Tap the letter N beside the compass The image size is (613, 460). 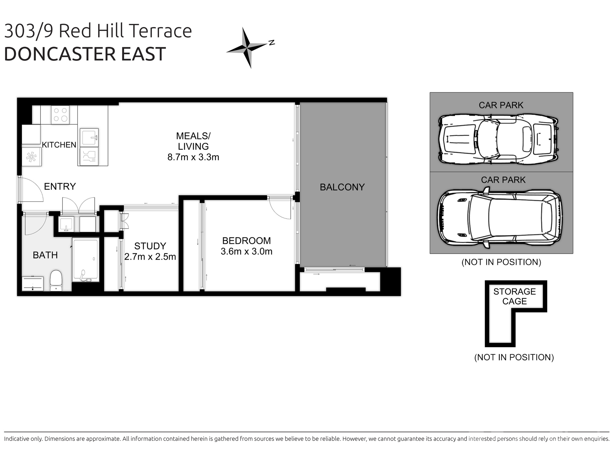coord(272,43)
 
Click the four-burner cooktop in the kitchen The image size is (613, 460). coord(60,115)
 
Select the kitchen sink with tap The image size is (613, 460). coord(89,137)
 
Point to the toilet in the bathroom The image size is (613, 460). coord(56,280)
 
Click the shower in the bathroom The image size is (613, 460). coord(86,259)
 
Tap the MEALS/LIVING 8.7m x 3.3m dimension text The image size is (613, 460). coord(193,157)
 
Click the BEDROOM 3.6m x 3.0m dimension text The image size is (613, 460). coord(246,251)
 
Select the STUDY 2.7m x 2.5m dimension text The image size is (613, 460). coord(150,257)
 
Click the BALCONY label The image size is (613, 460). coord(342,187)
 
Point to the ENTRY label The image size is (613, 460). coord(60,186)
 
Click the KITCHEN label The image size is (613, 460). coord(59,145)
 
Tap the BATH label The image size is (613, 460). coord(45,255)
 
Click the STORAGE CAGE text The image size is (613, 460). coord(514,296)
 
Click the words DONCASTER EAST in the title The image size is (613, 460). coord(85,54)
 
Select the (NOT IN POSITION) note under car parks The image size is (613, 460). coord(501,262)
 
